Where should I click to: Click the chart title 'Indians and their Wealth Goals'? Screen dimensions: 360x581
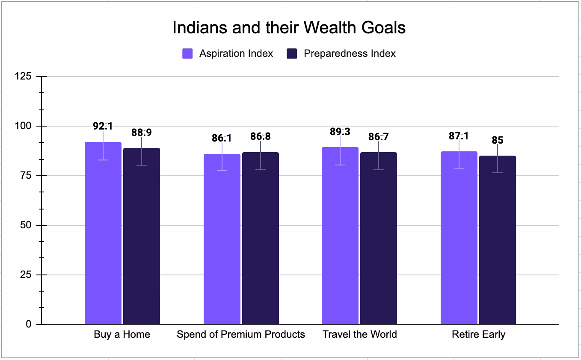(x=289, y=28)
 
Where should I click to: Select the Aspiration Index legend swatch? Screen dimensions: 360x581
(x=187, y=53)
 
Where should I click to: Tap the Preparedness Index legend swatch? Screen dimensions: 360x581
(x=292, y=53)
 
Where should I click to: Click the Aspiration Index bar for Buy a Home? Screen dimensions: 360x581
(x=103, y=239)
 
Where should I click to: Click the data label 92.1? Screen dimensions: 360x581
(x=103, y=126)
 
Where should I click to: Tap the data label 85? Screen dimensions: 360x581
(x=498, y=140)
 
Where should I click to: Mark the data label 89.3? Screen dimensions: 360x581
(x=340, y=132)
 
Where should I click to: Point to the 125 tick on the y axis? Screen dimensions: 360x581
(x=23, y=77)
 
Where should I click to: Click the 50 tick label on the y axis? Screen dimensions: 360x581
(x=26, y=225)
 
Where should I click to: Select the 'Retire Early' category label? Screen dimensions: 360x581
(x=478, y=334)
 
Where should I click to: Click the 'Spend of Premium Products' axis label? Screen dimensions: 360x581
(x=241, y=334)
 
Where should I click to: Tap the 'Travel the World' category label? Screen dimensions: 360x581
(x=359, y=334)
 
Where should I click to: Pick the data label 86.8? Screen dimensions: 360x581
(x=261, y=136)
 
